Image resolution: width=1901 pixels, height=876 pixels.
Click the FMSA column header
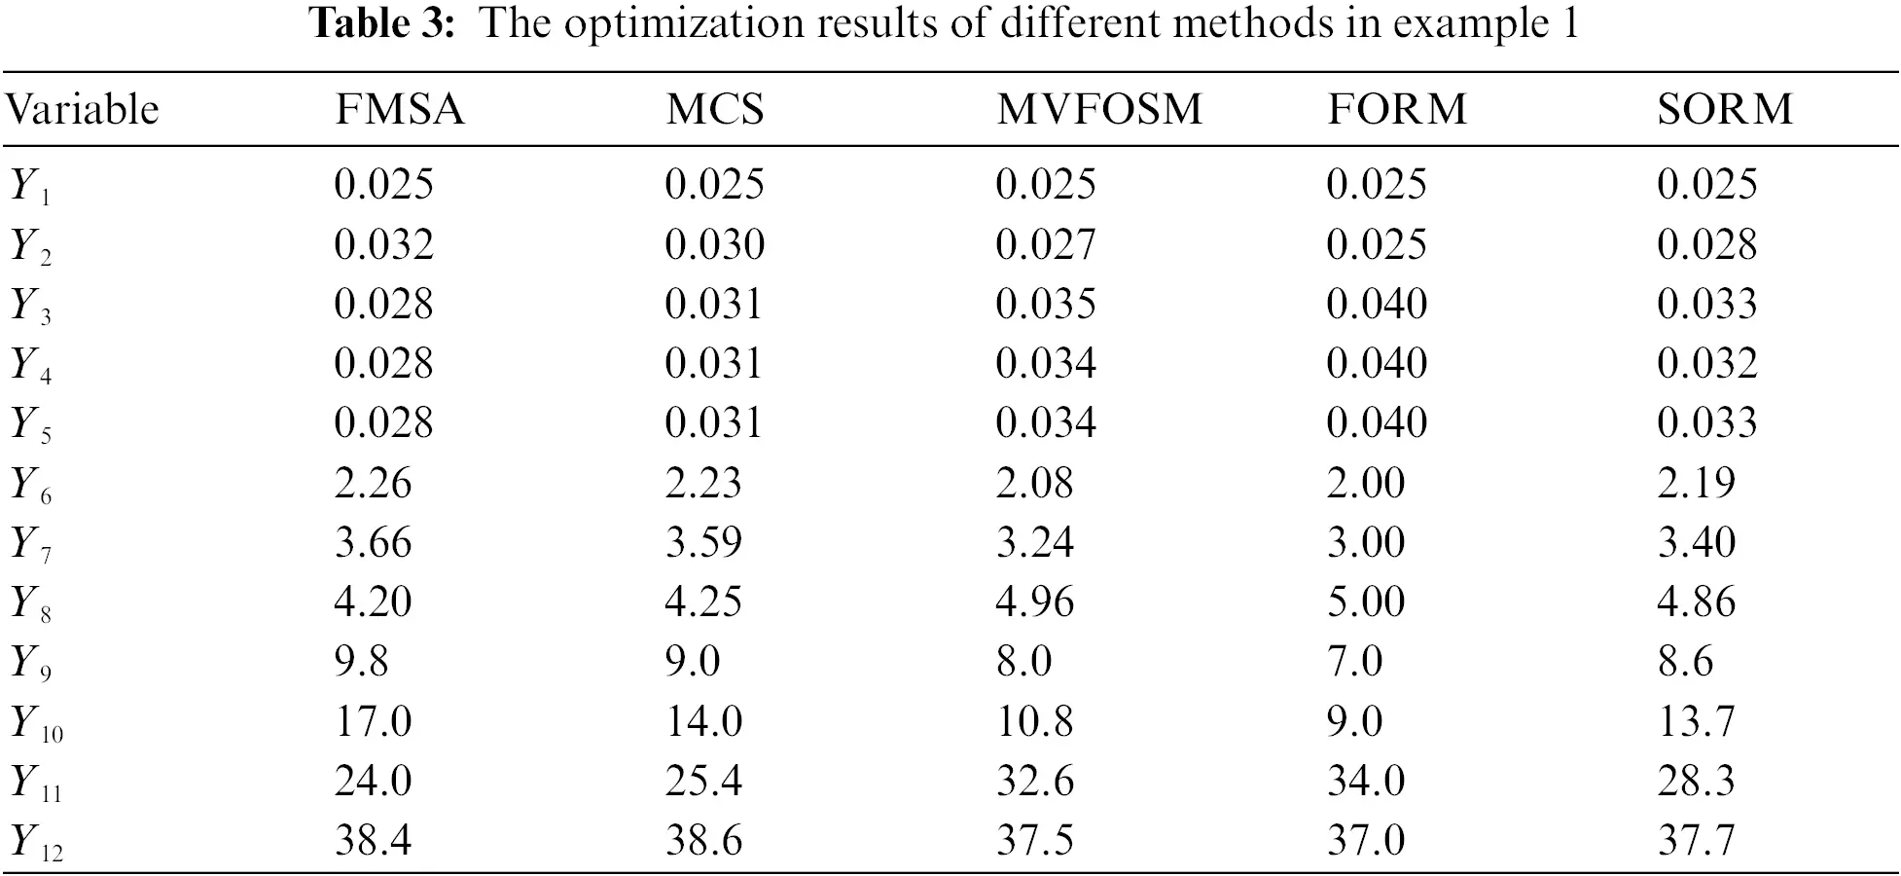pyautogui.click(x=400, y=109)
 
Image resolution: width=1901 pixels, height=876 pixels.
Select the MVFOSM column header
pyautogui.click(x=1099, y=109)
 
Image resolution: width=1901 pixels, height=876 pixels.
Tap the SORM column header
pyautogui.click(x=1725, y=109)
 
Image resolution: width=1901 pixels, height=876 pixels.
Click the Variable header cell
pyautogui.click(x=82, y=109)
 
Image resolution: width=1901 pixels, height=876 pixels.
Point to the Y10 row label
pyautogui.click(x=36, y=724)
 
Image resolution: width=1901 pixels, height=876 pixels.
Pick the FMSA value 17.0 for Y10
pyautogui.click(x=373, y=722)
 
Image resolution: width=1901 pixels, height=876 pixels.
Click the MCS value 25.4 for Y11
pyautogui.click(x=703, y=782)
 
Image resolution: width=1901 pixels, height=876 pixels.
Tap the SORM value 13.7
pyautogui.click(x=1696, y=722)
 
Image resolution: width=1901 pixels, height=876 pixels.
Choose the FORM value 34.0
pyautogui.click(x=1366, y=782)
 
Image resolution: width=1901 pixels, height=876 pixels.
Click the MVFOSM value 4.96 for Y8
pyautogui.click(x=1034, y=602)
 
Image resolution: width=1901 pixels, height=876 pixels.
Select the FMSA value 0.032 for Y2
pyautogui.click(x=383, y=244)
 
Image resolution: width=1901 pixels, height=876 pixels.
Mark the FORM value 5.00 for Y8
pyautogui.click(x=1366, y=602)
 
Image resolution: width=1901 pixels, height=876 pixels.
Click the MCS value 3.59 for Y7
pyautogui.click(x=703, y=543)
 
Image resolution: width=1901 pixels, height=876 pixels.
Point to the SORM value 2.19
pyautogui.click(x=1696, y=483)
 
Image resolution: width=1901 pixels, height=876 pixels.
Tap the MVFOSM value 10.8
pyautogui.click(x=1034, y=722)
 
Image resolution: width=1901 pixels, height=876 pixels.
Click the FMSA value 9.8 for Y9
pyautogui.click(x=361, y=662)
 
